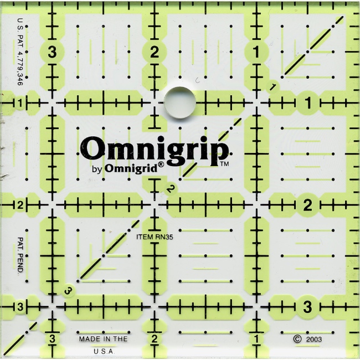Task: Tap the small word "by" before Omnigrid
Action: (x=95, y=168)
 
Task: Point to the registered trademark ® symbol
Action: (x=161, y=164)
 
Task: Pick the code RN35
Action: (x=166, y=237)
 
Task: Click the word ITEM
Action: (x=145, y=237)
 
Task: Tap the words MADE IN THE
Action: (x=103, y=338)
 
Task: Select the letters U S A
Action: (x=103, y=351)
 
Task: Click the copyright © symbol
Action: (x=297, y=337)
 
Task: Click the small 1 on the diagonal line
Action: (x=273, y=86)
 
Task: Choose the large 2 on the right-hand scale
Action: (x=308, y=205)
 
